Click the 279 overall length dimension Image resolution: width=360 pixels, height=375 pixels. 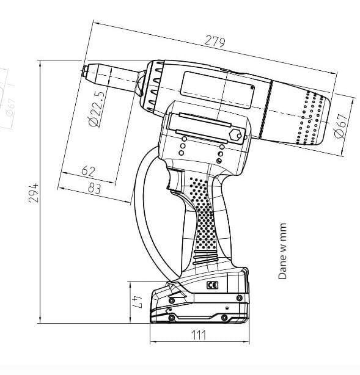(x=215, y=41)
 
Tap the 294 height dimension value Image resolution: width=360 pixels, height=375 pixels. (x=33, y=193)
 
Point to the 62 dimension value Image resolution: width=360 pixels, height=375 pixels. (x=88, y=171)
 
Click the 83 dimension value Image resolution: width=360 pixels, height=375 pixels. (x=94, y=188)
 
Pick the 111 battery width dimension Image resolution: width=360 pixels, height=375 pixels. (x=199, y=335)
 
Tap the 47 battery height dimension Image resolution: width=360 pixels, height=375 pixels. (x=138, y=301)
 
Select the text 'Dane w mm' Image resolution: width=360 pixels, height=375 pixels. (x=282, y=251)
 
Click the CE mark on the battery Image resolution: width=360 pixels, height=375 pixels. (x=212, y=285)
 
